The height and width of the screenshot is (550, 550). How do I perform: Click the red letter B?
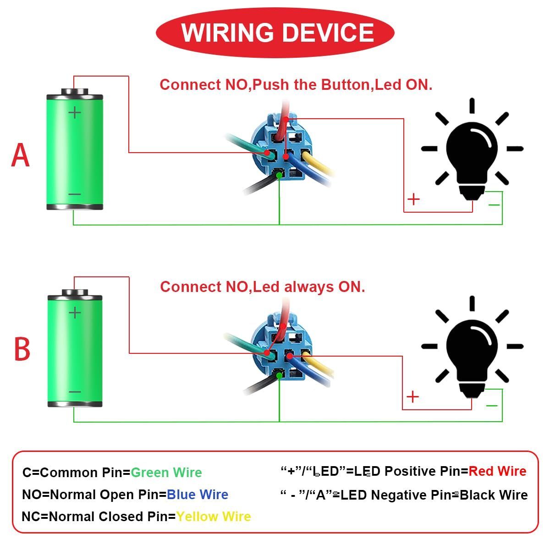pyautogui.click(x=22, y=349)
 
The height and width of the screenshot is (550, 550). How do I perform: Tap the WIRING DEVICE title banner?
pyautogui.click(x=275, y=33)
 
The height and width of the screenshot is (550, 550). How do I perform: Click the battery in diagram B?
pyautogui.click(x=75, y=348)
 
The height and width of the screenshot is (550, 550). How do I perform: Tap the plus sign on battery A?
pyautogui.click(x=74, y=112)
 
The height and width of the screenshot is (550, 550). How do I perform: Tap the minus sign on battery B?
pyautogui.click(x=75, y=392)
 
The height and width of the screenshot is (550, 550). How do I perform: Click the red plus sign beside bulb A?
pyautogui.click(x=413, y=199)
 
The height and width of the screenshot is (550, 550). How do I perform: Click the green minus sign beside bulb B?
pyautogui.click(x=492, y=405)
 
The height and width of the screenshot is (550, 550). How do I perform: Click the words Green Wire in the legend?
pyautogui.click(x=166, y=473)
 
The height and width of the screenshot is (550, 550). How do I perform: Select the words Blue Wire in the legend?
pyautogui.click(x=198, y=495)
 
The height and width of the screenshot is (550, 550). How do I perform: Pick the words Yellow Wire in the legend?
pyautogui.click(x=214, y=517)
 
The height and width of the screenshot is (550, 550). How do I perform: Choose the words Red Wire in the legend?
pyautogui.click(x=497, y=471)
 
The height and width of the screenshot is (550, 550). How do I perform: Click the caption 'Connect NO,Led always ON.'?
pyautogui.click(x=263, y=287)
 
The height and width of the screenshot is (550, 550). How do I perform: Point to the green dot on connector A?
pyautogui.click(x=279, y=175)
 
